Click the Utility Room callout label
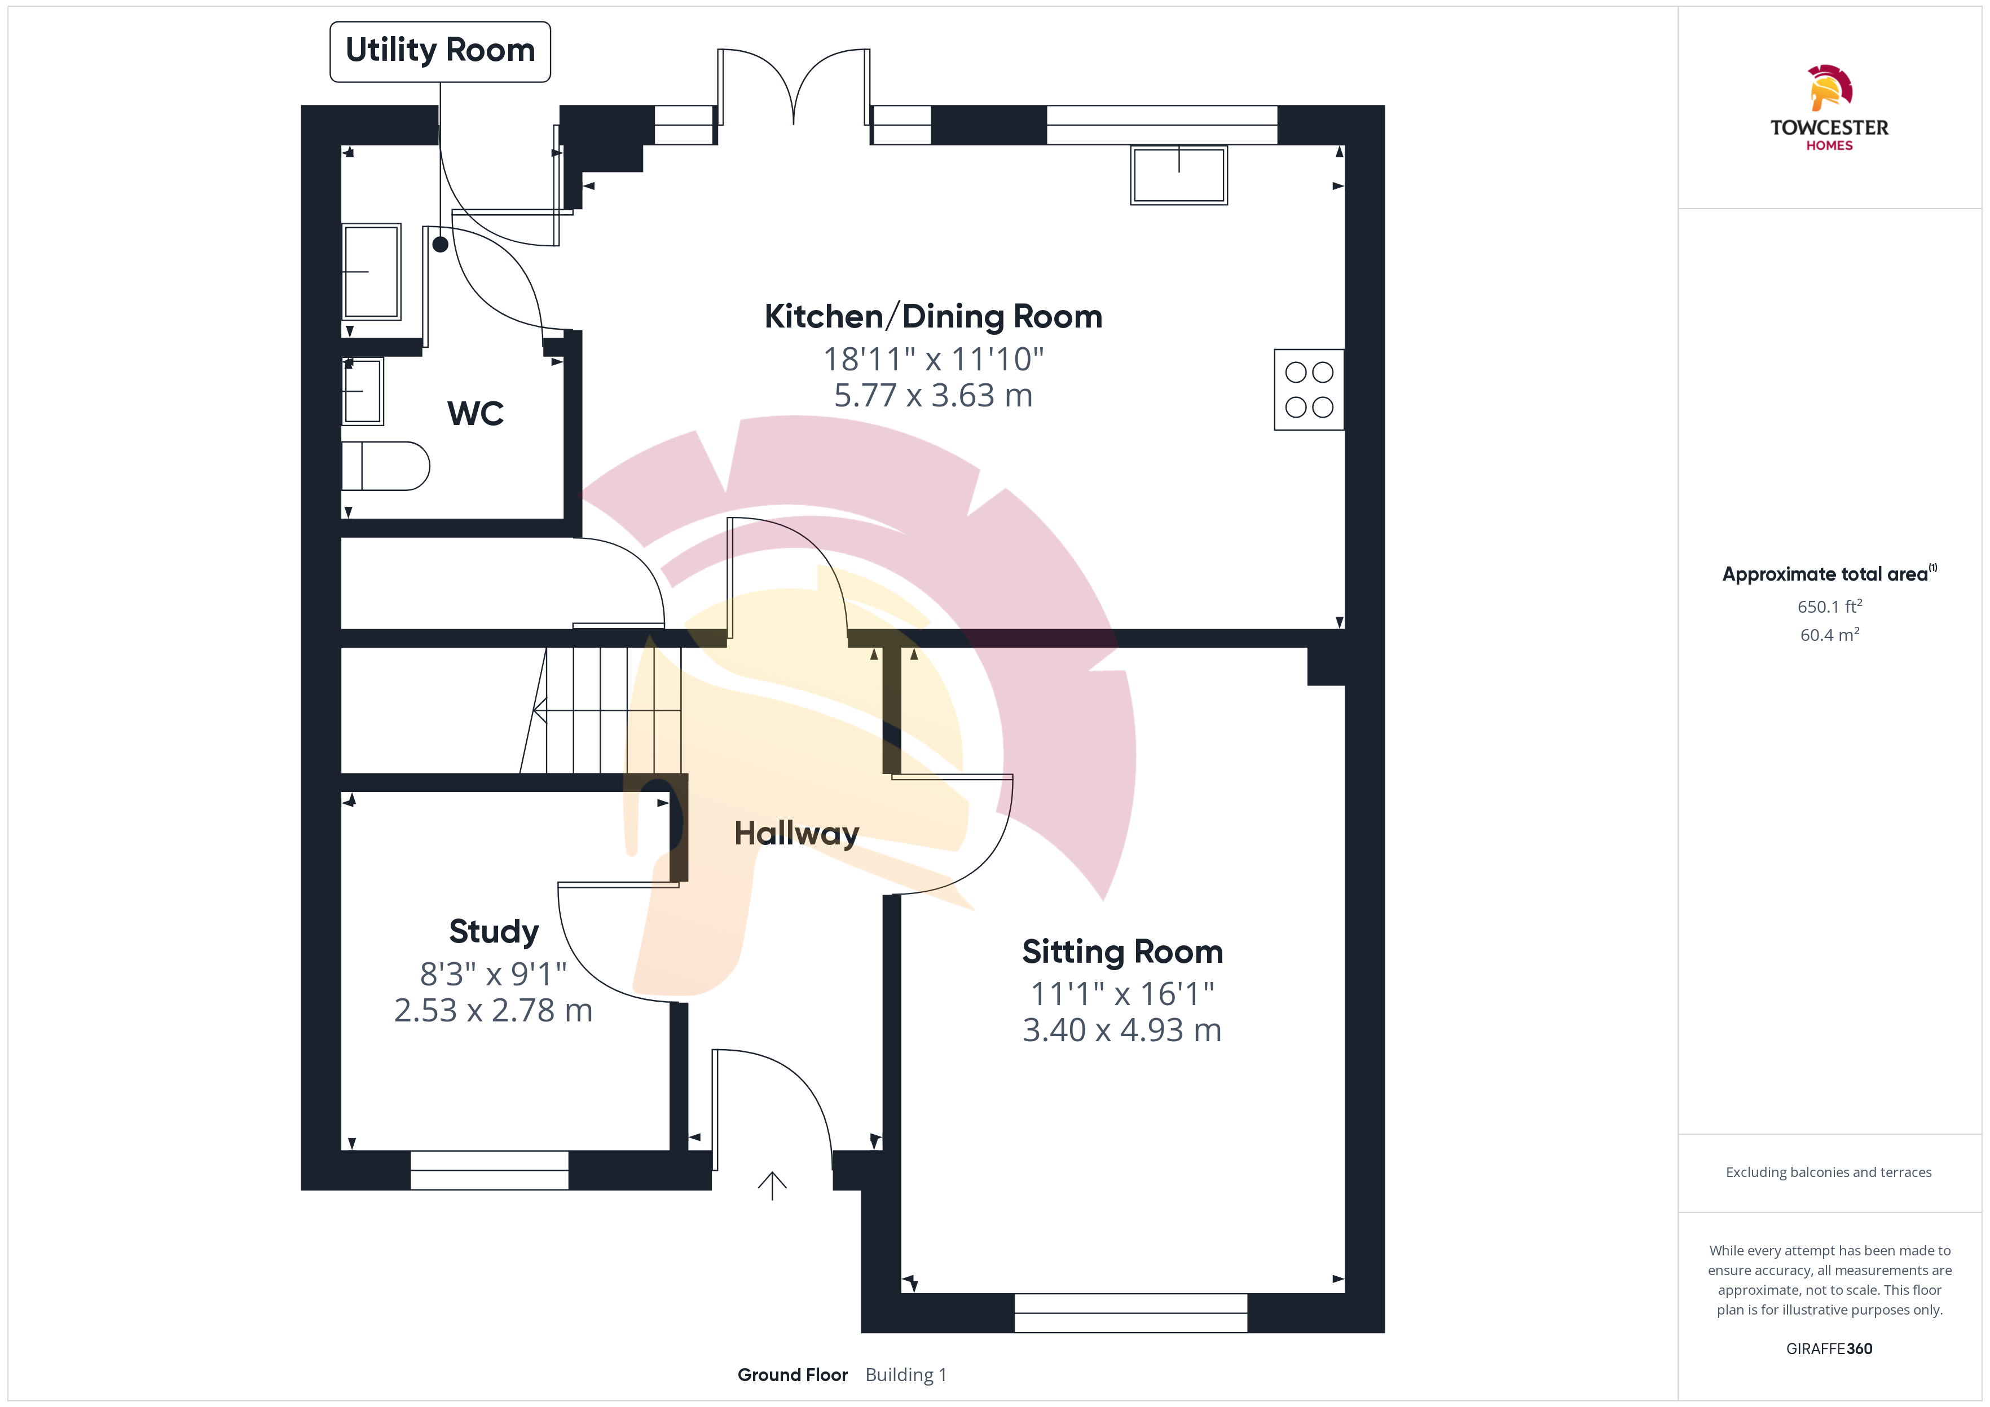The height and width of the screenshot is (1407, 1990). (x=441, y=51)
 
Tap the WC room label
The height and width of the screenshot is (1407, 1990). (x=476, y=413)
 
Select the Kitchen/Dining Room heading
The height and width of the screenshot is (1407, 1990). (x=934, y=317)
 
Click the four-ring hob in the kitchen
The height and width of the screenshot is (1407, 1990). (x=1309, y=390)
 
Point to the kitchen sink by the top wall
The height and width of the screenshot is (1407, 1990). (x=1179, y=175)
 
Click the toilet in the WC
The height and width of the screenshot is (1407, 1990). (x=386, y=466)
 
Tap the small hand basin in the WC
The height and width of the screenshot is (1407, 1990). (x=363, y=392)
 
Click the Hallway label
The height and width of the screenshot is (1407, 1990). (x=796, y=834)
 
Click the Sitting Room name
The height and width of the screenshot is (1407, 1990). (x=1122, y=952)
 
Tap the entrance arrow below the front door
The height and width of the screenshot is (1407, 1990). (x=772, y=1186)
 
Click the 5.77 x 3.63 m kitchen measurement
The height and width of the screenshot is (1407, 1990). (x=934, y=396)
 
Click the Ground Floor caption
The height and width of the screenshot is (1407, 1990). (x=792, y=1375)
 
